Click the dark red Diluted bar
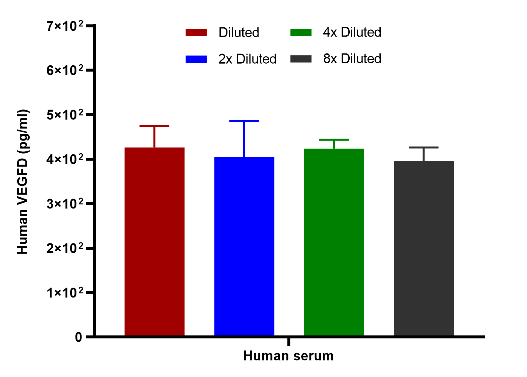click(154, 241)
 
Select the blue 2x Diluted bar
click(244, 246)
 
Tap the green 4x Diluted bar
click(334, 242)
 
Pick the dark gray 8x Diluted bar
click(424, 248)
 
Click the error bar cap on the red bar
click(154, 126)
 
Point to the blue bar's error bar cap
click(244, 121)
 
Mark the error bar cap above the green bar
click(334, 140)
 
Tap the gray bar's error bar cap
click(424, 147)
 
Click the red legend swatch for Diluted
click(196, 33)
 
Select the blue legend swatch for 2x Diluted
click(196, 59)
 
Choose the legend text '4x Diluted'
click(352, 32)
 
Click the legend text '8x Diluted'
click(352, 59)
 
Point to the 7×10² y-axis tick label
click(65, 26)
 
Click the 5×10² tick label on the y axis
click(65, 115)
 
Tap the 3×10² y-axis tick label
click(65, 204)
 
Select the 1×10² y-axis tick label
click(65, 293)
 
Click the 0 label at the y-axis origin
click(78, 337)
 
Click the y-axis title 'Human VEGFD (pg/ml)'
click(23, 181)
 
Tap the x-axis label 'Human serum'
click(288, 356)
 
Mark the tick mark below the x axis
click(289, 342)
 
